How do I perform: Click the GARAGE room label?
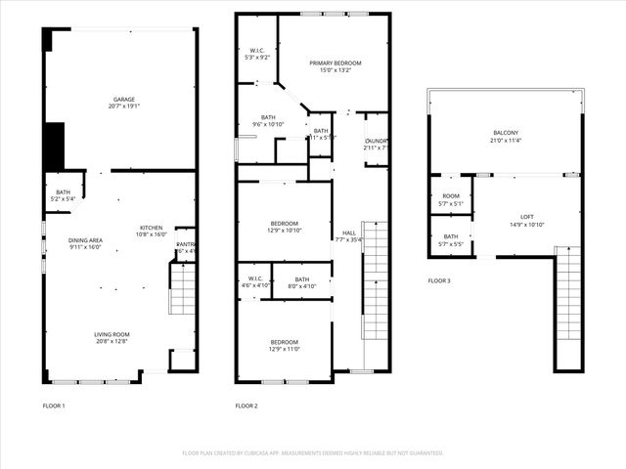pyautogui.click(x=123, y=99)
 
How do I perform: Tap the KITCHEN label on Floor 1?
pyautogui.click(x=151, y=228)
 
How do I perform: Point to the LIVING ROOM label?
pyautogui.click(x=112, y=334)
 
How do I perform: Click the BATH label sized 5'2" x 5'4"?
pyautogui.click(x=63, y=192)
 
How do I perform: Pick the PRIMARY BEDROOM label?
pyautogui.click(x=335, y=64)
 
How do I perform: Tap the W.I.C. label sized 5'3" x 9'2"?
pyautogui.click(x=257, y=51)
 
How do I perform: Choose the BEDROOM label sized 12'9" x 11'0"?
pyautogui.click(x=285, y=342)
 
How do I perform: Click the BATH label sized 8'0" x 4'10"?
pyautogui.click(x=301, y=279)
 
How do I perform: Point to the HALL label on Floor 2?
pyautogui.click(x=348, y=233)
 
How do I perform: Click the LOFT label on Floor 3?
pyautogui.click(x=527, y=217)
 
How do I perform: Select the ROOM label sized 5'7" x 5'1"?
pyautogui.click(x=450, y=196)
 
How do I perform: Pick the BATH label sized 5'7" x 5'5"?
pyautogui.click(x=450, y=236)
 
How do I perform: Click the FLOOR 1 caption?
pyautogui.click(x=54, y=405)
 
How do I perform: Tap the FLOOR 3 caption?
pyautogui.click(x=439, y=280)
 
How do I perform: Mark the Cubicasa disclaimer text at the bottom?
pyautogui.click(x=313, y=453)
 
